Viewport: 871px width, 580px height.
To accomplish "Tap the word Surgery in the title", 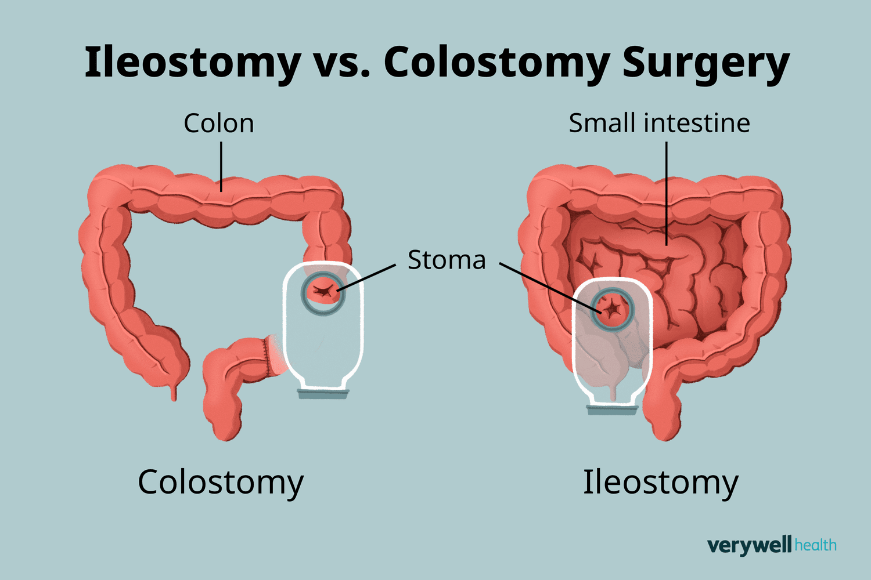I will pyautogui.click(x=706, y=63).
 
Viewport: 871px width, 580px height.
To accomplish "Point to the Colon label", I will pyautogui.click(x=219, y=124).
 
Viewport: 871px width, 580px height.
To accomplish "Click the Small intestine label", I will pyautogui.click(x=659, y=124).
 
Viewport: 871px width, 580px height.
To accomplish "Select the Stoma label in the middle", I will pyautogui.click(x=446, y=260).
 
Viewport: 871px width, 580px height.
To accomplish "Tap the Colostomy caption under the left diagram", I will pyautogui.click(x=221, y=482).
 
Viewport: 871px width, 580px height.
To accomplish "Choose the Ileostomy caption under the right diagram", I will pyautogui.click(x=660, y=482).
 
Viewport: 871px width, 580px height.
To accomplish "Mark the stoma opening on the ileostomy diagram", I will pyautogui.click(x=612, y=309).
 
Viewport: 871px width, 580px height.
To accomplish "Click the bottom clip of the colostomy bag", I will pyautogui.click(x=323, y=394).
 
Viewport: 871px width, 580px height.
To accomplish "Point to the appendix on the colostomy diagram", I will pyautogui.click(x=174, y=392).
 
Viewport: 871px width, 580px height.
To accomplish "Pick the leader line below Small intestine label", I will pyautogui.click(x=667, y=191).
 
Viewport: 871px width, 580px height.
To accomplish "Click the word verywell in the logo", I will pyautogui.click(x=749, y=545).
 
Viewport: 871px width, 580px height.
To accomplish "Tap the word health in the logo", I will pyautogui.click(x=815, y=545).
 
